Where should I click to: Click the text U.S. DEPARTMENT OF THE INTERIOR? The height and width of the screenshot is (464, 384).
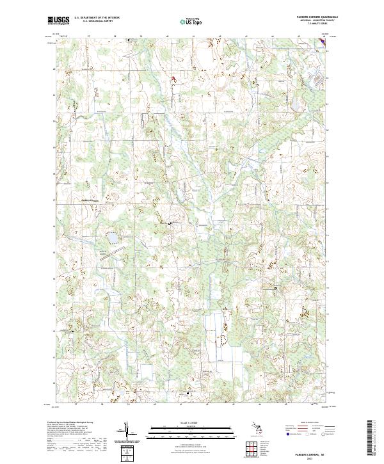click(x=97, y=18)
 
